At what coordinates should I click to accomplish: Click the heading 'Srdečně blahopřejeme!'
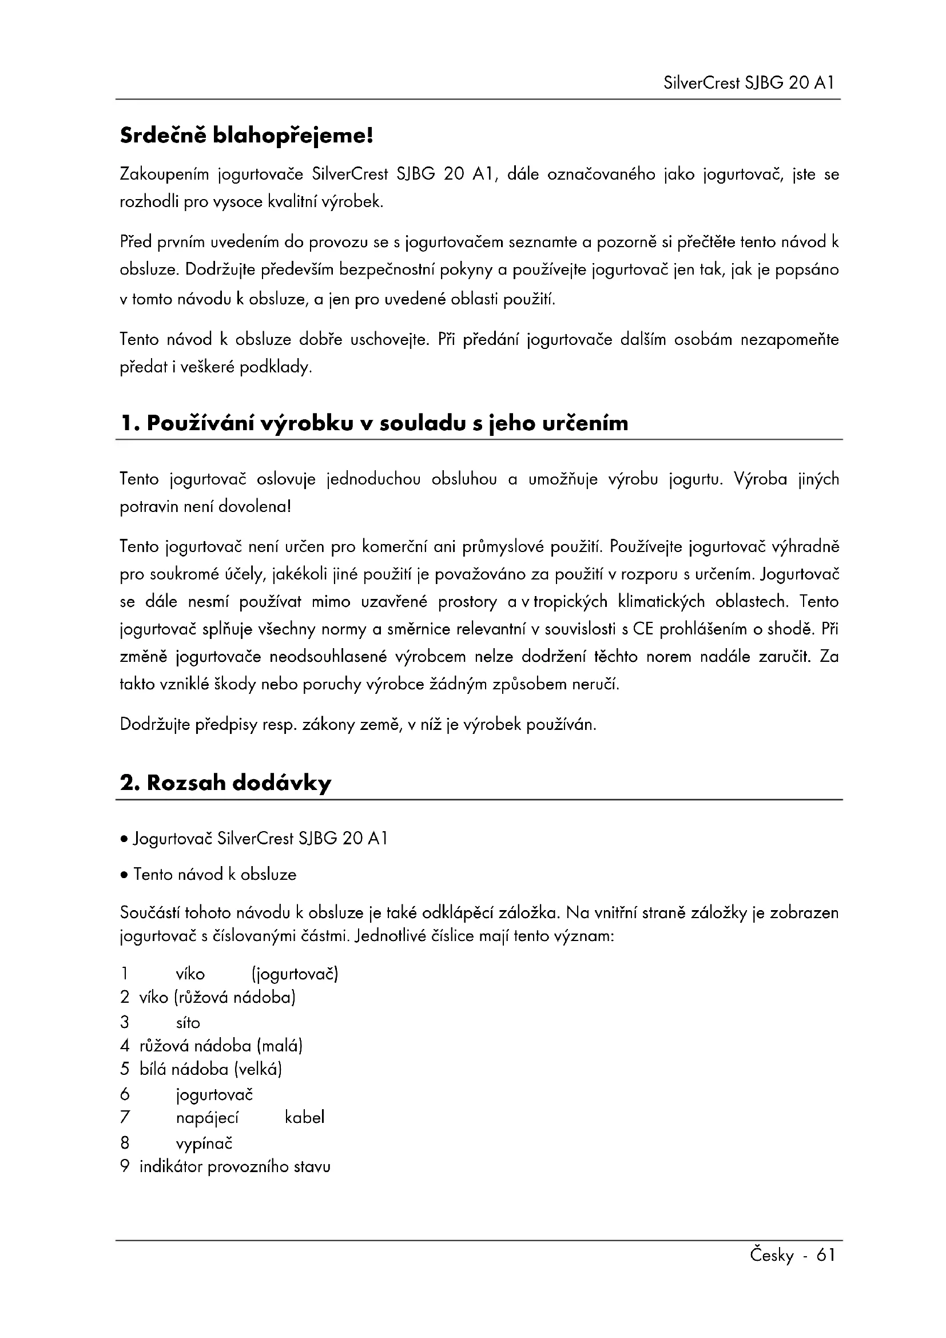(246, 136)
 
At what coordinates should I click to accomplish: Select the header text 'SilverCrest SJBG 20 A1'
(749, 83)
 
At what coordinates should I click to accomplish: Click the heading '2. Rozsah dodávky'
(225, 783)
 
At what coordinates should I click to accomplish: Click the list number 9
(125, 1166)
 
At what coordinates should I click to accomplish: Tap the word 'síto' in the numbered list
(188, 1023)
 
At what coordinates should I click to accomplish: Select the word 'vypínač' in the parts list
(204, 1144)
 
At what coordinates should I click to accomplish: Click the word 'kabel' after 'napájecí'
(305, 1118)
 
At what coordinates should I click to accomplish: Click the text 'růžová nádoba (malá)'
(221, 1046)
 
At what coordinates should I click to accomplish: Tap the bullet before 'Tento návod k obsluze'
(124, 875)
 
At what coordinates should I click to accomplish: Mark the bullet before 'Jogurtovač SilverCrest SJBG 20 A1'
(124, 840)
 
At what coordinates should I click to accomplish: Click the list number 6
(125, 1094)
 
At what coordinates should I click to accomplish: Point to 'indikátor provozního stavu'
(234, 1166)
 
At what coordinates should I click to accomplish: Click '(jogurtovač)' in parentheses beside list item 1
(295, 974)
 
